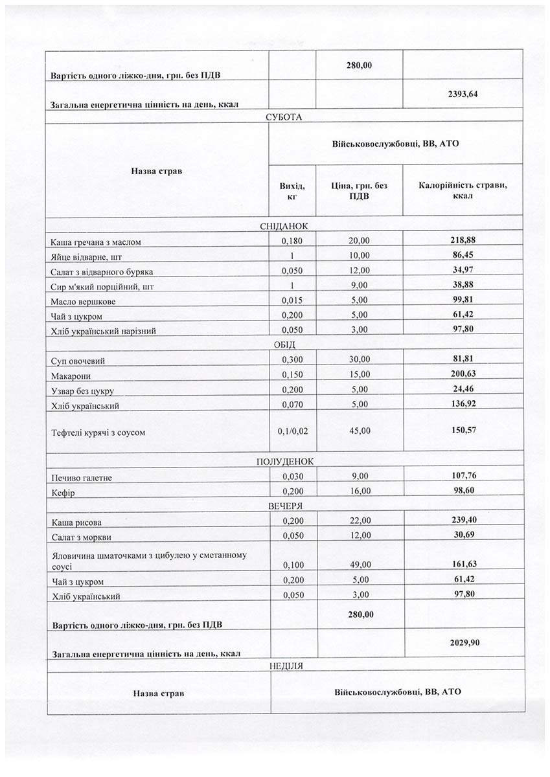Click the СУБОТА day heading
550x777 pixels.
[x=285, y=117]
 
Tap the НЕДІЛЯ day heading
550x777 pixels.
[x=285, y=666]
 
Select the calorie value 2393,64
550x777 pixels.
[x=462, y=94]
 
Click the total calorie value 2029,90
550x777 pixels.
[x=462, y=642]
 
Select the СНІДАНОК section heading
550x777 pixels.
[x=285, y=226]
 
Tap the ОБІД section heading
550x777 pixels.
[x=285, y=344]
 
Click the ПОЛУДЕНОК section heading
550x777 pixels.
[x=285, y=462]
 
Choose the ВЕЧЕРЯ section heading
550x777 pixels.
[x=285, y=506]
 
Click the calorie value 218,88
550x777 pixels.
[x=463, y=240]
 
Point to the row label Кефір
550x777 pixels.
[x=63, y=493]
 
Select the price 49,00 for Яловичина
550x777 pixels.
[x=359, y=565]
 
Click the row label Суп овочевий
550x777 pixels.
[x=78, y=360]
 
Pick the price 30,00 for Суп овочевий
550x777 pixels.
[x=359, y=359]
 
